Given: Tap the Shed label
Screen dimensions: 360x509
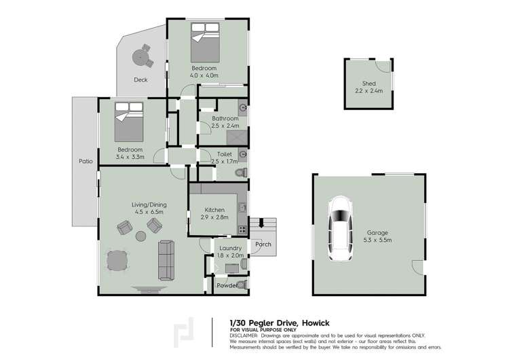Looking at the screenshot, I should [369, 84].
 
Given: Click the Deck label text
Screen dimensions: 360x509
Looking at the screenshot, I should [140, 80].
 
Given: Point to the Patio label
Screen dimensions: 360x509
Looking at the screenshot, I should [85, 162].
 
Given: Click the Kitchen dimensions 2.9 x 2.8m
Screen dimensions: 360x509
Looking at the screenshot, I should [214, 217].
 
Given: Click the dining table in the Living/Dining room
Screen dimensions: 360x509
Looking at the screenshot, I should [118, 262].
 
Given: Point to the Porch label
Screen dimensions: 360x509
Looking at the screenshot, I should [263, 244].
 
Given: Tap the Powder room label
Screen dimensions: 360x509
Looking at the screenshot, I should [226, 285].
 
